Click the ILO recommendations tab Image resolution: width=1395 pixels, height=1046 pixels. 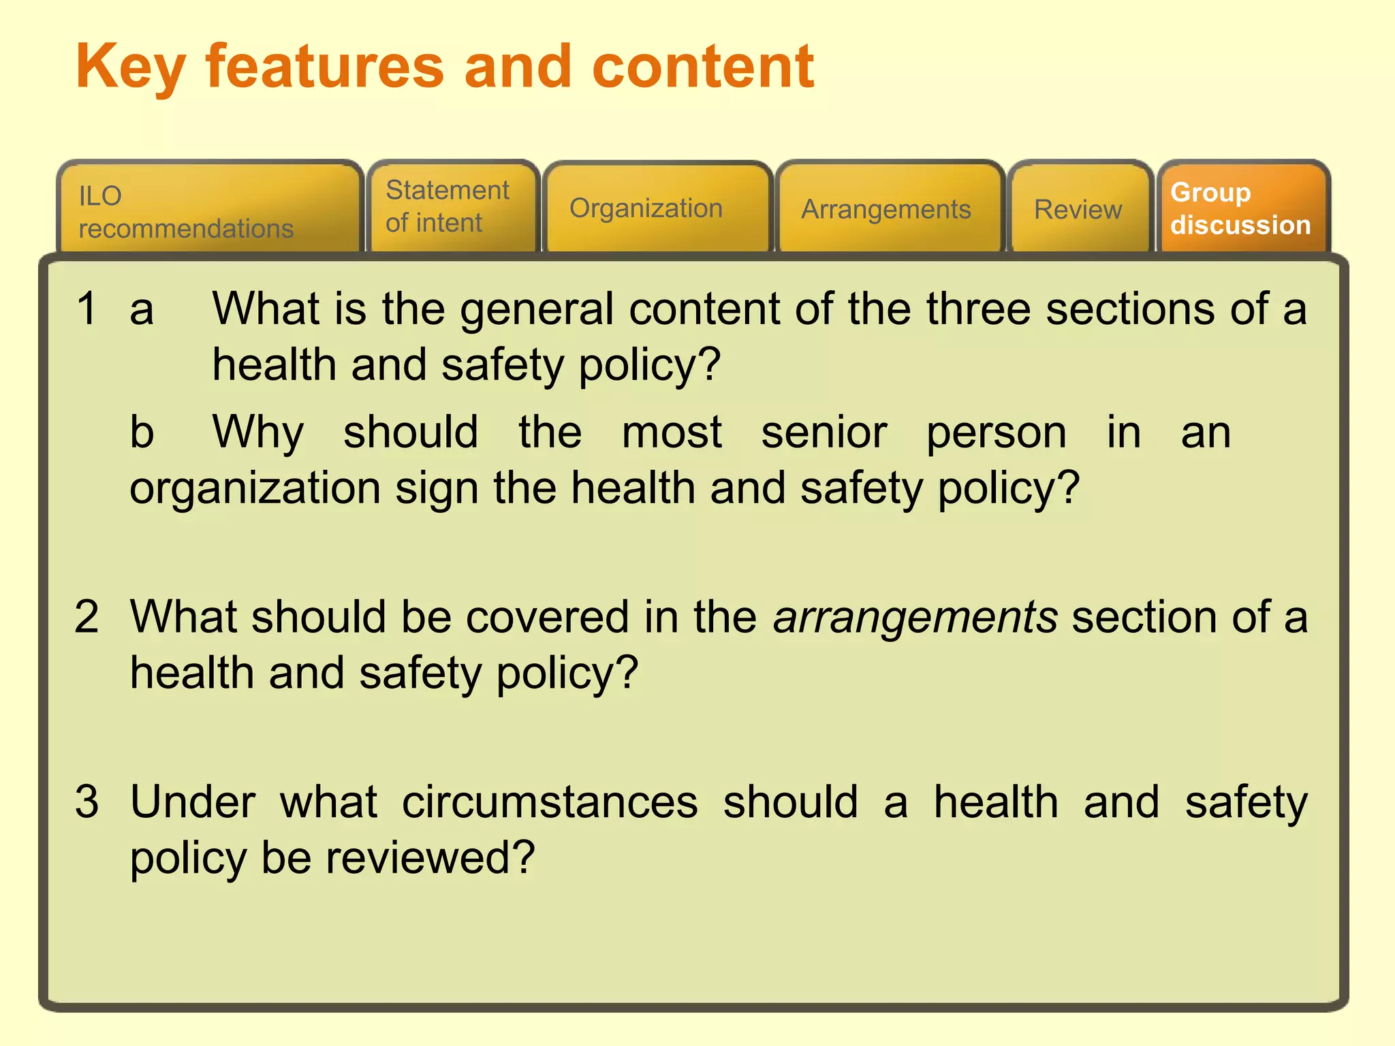[x=208, y=211]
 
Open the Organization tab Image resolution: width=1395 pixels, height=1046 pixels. [x=657, y=208]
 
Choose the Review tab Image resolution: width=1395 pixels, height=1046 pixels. [x=1079, y=210]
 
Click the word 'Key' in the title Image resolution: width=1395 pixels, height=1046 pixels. [x=130, y=68]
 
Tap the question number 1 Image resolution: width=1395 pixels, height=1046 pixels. [x=87, y=308]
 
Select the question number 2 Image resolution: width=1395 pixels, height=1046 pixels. [x=87, y=617]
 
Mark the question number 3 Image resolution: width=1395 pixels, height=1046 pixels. [x=87, y=802]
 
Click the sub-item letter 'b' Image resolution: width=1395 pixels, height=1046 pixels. [x=142, y=432]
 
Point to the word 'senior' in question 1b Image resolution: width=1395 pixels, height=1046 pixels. [x=824, y=433]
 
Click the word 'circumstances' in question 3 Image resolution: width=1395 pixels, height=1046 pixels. [x=550, y=802]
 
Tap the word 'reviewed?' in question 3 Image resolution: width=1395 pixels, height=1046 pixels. [x=430, y=857]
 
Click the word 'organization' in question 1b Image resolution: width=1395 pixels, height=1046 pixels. [x=255, y=489]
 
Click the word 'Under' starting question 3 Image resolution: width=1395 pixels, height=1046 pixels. [x=193, y=802]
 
